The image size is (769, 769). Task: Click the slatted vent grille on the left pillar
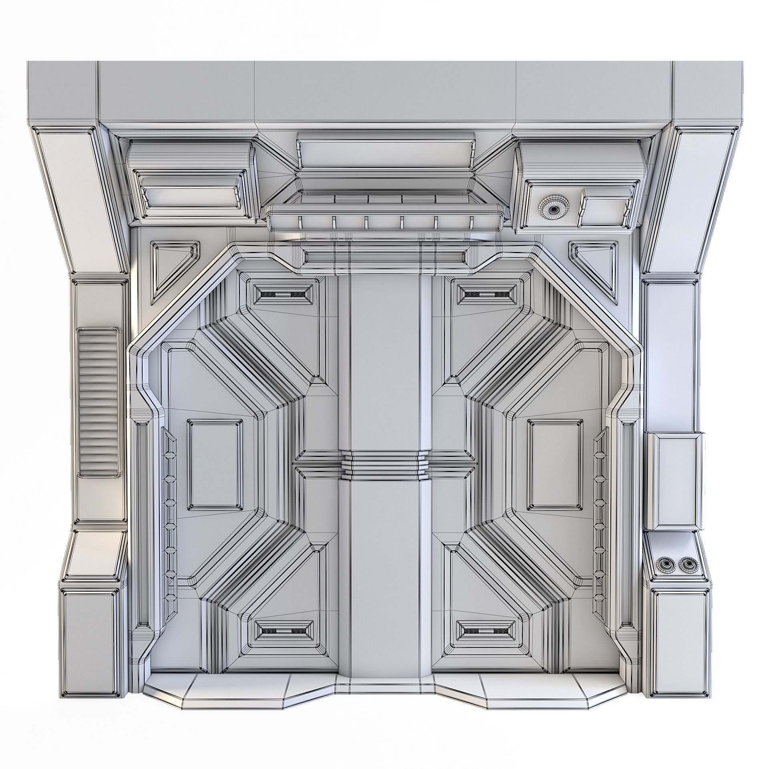(x=99, y=403)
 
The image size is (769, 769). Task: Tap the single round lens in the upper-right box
(x=554, y=209)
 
